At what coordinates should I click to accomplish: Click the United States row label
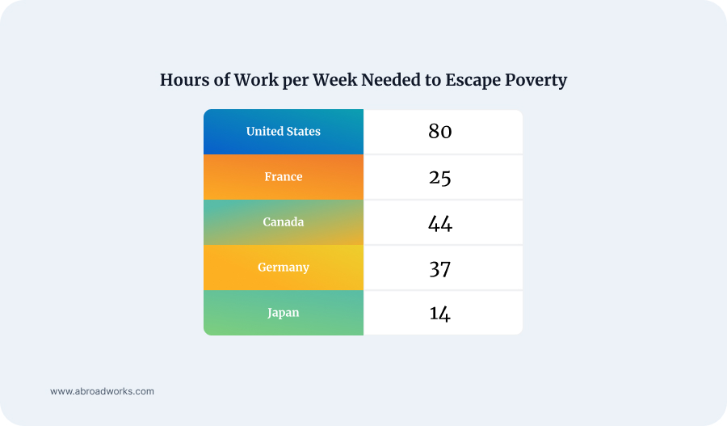283,132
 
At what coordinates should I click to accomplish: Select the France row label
283,177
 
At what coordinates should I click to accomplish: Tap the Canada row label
283,222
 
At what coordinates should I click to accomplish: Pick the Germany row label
283,268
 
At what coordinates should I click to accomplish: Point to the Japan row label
283,313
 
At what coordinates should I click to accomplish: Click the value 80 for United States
439,132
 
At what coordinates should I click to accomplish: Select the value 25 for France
439,177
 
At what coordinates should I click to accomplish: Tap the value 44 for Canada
439,223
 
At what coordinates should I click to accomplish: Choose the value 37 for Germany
439,268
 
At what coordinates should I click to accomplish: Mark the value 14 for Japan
439,314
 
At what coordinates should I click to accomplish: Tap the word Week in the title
332,81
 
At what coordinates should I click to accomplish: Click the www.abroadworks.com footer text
102,391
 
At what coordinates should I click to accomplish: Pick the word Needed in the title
390,81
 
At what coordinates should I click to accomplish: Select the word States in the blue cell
302,132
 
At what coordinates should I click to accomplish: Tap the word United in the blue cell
263,132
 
